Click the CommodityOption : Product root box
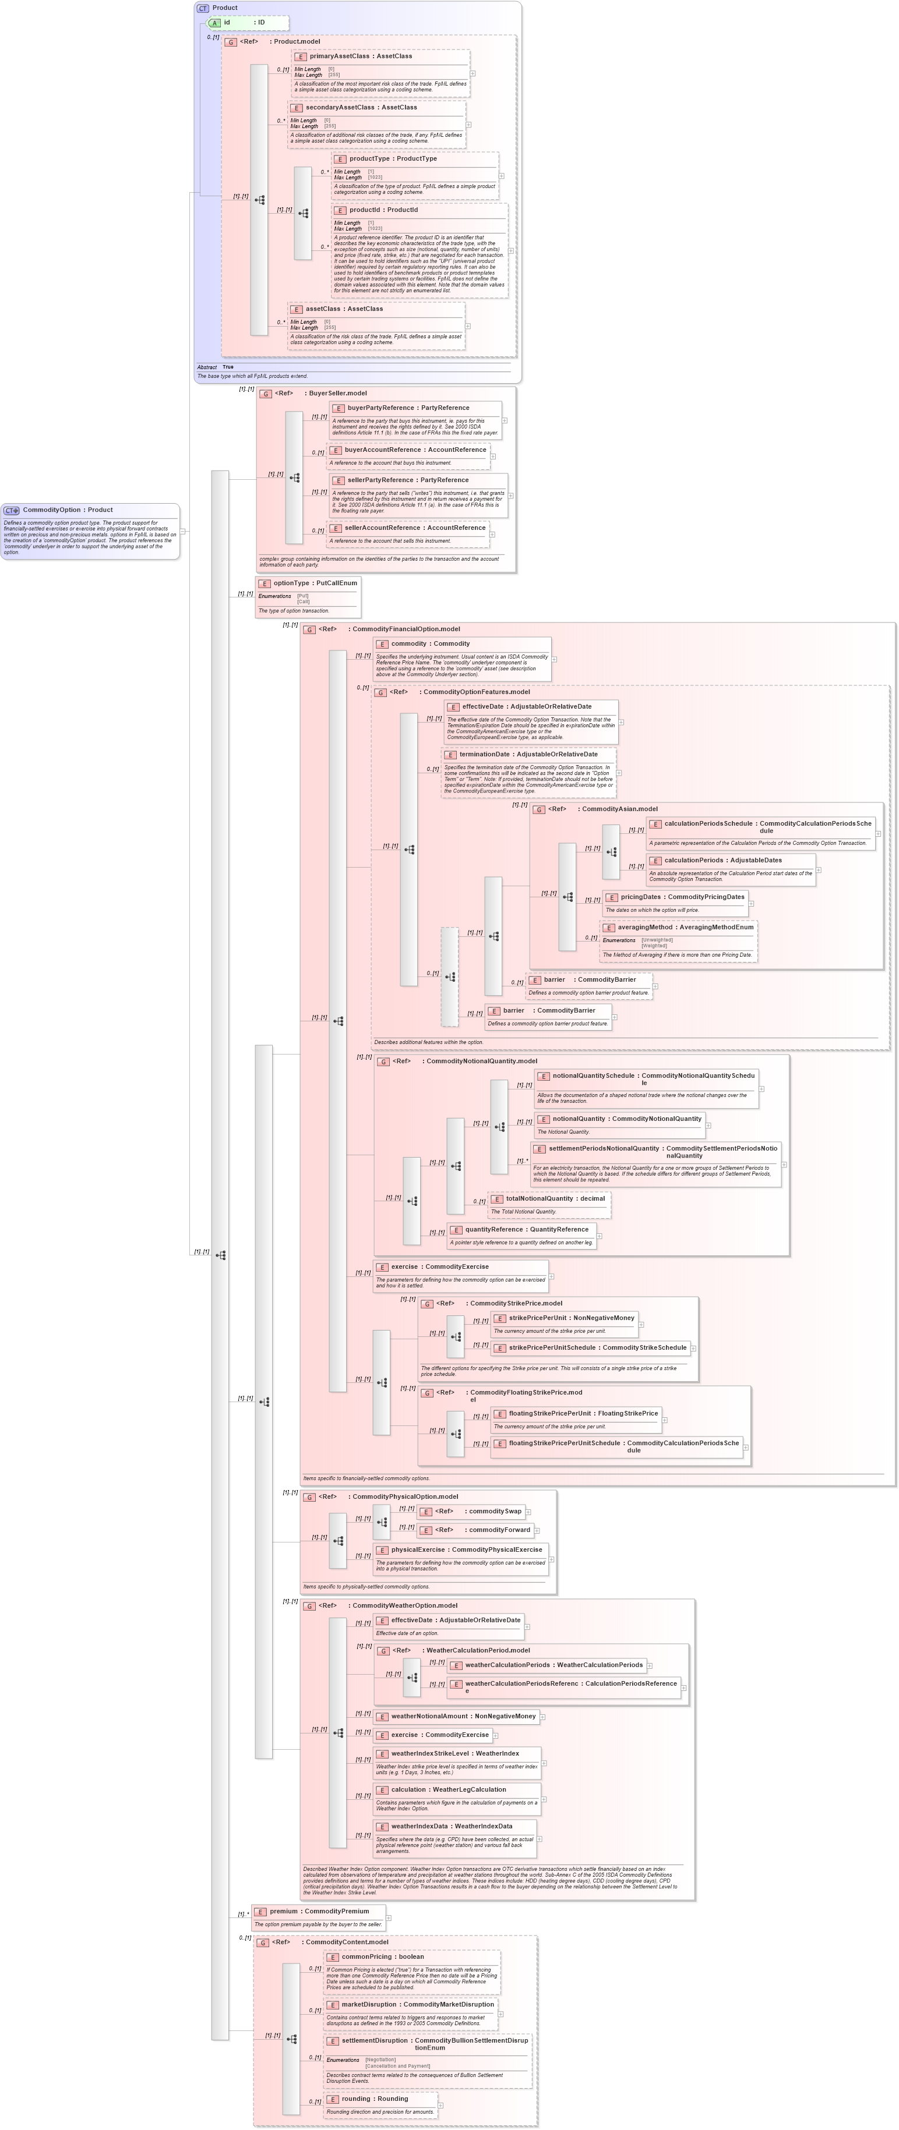click(x=67, y=510)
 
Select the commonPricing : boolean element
click(x=382, y=1956)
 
